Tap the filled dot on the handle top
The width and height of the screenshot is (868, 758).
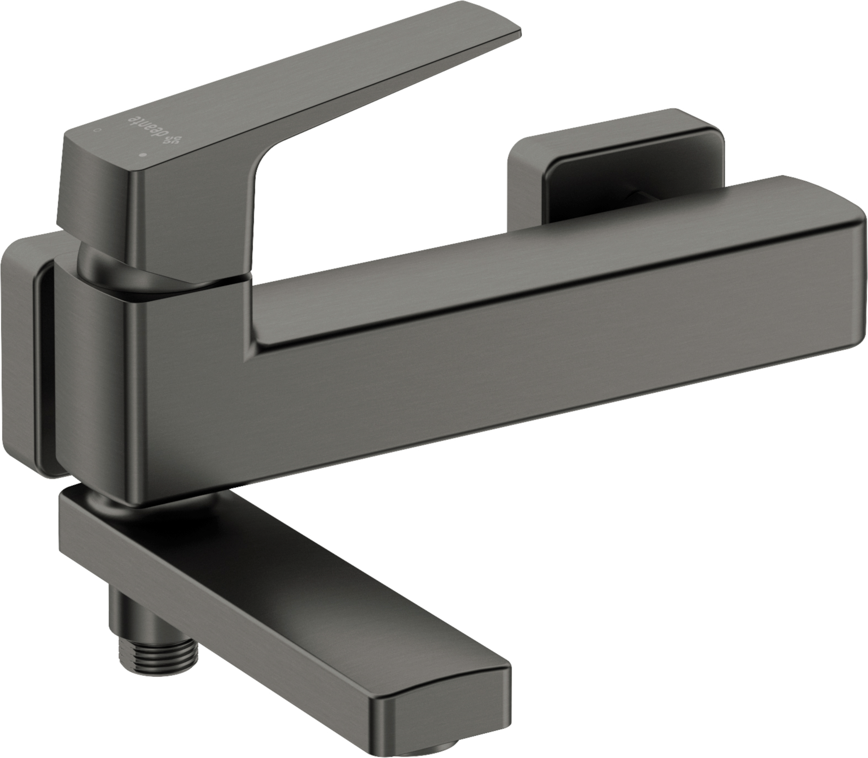(x=143, y=155)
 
